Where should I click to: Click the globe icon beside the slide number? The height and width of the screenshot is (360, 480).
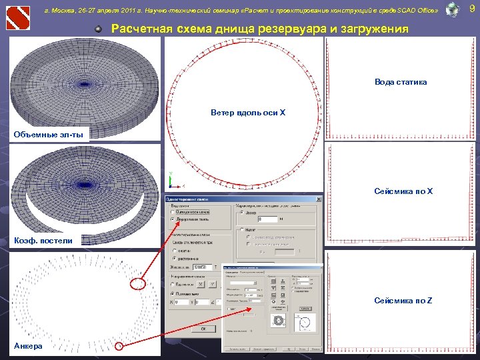pyautogui.click(x=452, y=9)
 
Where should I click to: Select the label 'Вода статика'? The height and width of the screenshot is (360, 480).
pyautogui.click(x=400, y=82)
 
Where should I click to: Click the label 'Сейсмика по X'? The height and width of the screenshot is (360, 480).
pyautogui.click(x=403, y=191)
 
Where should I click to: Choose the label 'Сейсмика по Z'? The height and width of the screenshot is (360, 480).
pyautogui.click(x=403, y=301)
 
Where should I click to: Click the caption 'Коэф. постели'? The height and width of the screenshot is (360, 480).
pyautogui.click(x=43, y=240)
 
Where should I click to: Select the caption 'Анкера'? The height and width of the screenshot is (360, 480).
pyautogui.click(x=28, y=345)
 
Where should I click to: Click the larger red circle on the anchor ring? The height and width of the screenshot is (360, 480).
pyautogui.click(x=137, y=285)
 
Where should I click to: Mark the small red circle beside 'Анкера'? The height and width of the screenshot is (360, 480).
pyautogui.click(x=119, y=345)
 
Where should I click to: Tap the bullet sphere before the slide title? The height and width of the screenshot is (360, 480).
pyautogui.click(x=98, y=29)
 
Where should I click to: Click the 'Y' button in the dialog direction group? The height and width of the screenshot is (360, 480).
pyautogui.click(x=213, y=285)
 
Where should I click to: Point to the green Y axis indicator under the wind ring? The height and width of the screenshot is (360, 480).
pyautogui.click(x=171, y=175)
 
